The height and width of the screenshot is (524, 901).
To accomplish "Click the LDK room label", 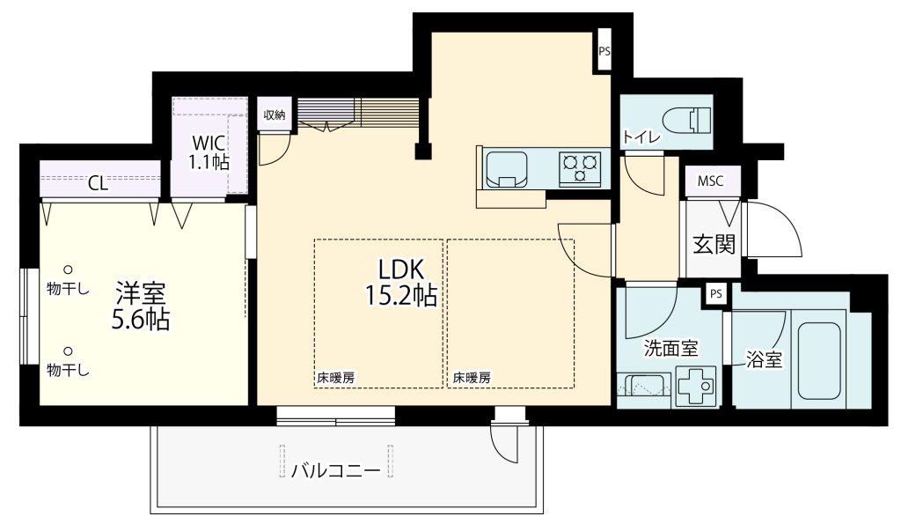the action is click(x=400, y=269).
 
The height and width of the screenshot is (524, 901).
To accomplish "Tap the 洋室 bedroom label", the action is click(x=141, y=293).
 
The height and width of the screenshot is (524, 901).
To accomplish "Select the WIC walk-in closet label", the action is click(x=209, y=142).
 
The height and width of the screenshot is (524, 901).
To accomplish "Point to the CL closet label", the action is click(x=98, y=183).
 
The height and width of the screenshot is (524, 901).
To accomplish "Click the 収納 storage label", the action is click(x=275, y=114).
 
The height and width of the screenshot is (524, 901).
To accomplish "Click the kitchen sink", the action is click(x=506, y=170).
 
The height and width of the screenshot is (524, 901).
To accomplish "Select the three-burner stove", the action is click(x=579, y=168).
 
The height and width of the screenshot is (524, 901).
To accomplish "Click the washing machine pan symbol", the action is click(x=697, y=386).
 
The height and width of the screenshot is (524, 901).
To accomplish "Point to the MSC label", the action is click(x=710, y=181).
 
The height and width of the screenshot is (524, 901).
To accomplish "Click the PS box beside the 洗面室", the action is click(x=715, y=294).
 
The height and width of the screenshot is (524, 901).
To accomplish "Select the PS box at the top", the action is click(x=604, y=51).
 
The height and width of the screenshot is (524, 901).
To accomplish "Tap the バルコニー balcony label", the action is click(x=335, y=471).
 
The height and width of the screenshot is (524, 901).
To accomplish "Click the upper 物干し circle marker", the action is click(x=68, y=269).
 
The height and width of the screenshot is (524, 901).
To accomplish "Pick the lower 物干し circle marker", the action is click(x=68, y=351).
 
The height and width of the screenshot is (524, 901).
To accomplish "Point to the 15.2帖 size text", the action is click(x=401, y=295).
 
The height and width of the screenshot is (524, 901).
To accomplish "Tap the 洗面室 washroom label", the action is click(x=670, y=348).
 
